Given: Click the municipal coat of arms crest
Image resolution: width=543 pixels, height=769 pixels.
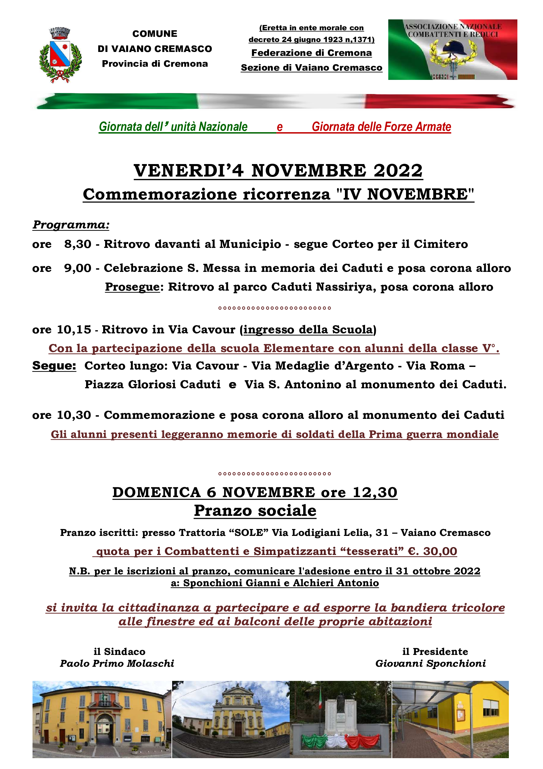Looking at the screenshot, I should click(x=60, y=55).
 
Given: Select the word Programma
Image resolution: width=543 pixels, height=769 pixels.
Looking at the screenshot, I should click(x=71, y=225).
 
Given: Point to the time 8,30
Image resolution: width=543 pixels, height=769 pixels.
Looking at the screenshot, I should click(x=78, y=244).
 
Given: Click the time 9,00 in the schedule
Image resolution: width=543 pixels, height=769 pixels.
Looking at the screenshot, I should click(x=78, y=268).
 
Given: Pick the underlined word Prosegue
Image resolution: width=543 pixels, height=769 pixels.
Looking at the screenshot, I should click(x=132, y=287).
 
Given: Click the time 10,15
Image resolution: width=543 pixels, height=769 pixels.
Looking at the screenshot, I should click(x=74, y=329).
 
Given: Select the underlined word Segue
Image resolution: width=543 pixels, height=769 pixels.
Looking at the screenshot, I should click(x=54, y=366).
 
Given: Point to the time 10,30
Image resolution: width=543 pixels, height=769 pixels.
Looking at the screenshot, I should click(x=74, y=415).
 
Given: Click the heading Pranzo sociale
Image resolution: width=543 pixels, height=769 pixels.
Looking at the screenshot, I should click(x=255, y=511).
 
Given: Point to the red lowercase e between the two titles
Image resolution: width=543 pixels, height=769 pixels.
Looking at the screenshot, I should click(x=280, y=127).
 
